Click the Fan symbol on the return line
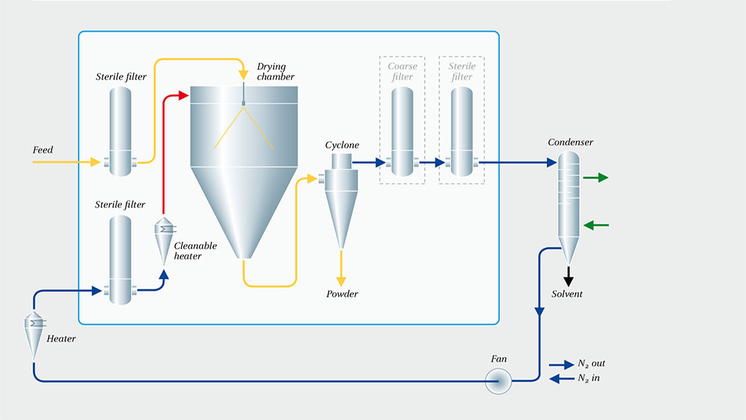pos(499,381)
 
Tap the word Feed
pos(43,150)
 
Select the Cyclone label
pos(342,145)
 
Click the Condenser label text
pos(570,142)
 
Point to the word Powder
pos(343,294)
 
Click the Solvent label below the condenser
pos(567,294)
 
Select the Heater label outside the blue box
pos(61,339)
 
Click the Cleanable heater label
pos(195,251)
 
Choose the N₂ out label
pos(591,363)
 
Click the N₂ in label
pos(589,378)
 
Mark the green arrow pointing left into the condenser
pos(596,225)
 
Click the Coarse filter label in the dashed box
pos(402,72)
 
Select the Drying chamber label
pos(275,72)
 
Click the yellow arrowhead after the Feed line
pos(94,162)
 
